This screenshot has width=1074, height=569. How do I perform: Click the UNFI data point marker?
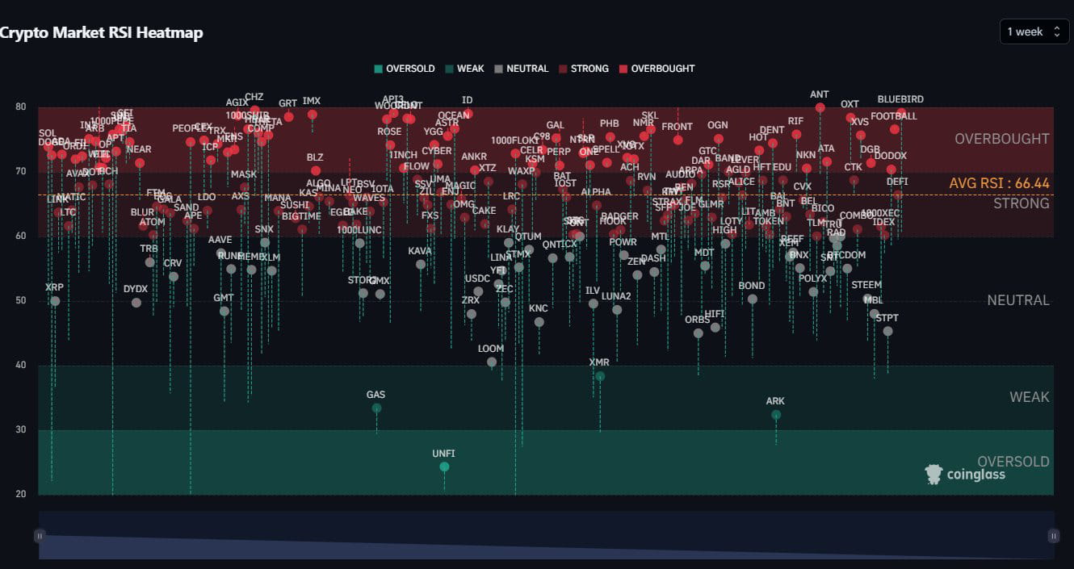click(444, 466)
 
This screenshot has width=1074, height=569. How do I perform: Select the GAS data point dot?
click(376, 408)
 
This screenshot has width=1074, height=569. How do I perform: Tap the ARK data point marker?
click(776, 415)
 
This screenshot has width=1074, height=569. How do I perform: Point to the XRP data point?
click(55, 301)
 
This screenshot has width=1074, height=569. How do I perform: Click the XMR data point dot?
click(600, 376)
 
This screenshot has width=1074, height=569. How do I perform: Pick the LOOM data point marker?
click(492, 362)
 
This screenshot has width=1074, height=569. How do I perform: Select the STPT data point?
click(887, 331)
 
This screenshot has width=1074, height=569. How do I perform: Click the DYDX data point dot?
click(136, 303)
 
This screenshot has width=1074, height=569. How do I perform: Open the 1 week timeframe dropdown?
click(1034, 31)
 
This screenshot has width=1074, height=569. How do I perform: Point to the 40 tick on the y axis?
click(21, 365)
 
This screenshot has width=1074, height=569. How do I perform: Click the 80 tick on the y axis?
click(21, 107)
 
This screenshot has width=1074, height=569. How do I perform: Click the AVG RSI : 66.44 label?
click(999, 184)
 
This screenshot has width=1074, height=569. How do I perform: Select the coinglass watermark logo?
click(965, 475)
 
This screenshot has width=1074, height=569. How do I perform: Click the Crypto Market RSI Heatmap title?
click(101, 33)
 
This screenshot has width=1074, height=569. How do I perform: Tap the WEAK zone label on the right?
click(1029, 397)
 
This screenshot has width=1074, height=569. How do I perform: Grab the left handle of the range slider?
click(40, 535)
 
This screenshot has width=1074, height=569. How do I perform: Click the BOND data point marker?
click(753, 299)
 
